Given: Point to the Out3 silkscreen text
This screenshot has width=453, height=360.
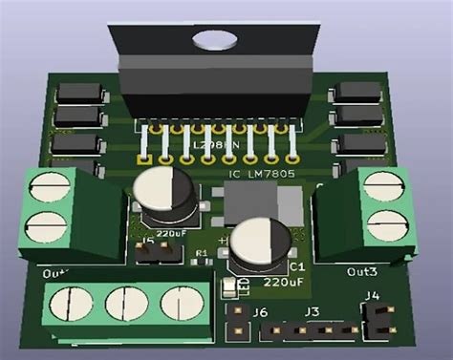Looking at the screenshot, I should point(362,272).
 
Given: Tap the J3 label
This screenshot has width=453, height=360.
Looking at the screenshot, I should point(312,312).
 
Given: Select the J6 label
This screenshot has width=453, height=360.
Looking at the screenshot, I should point(259,312).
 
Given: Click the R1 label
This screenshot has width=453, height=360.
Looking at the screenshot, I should point(202,253).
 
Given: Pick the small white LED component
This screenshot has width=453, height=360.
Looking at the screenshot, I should point(228,286).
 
